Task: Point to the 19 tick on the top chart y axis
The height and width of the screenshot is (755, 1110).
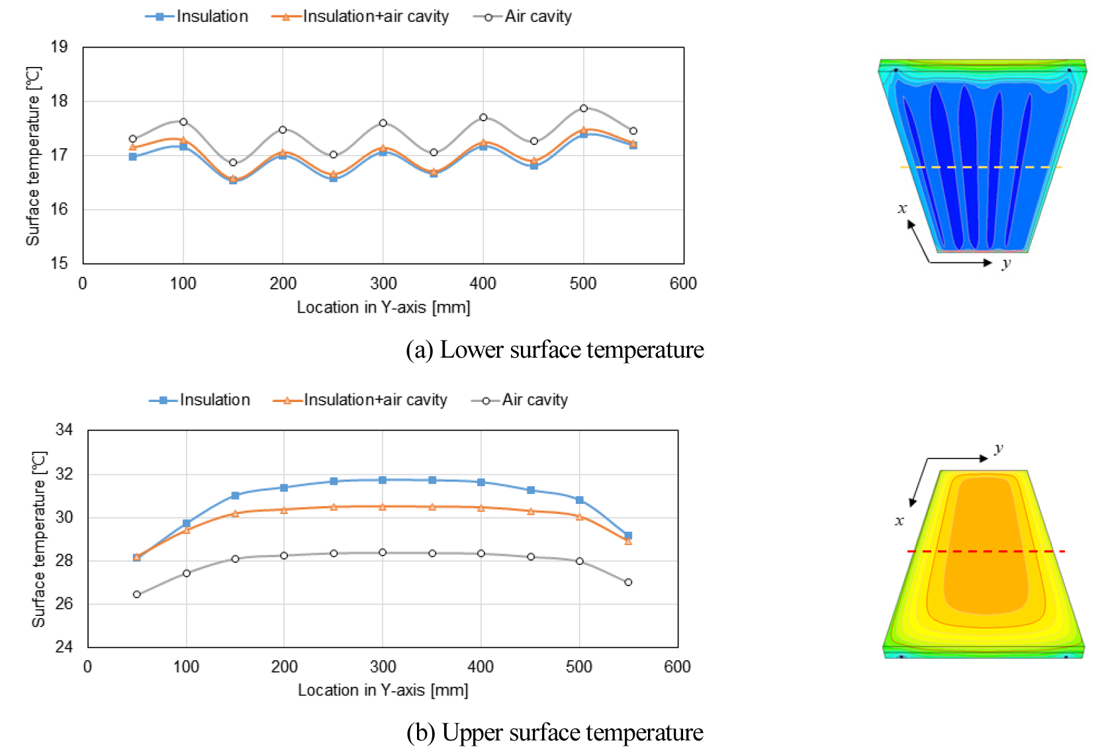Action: (59, 46)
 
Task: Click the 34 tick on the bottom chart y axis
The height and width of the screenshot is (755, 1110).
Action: (64, 430)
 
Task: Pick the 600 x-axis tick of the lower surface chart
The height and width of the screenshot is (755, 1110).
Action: (683, 283)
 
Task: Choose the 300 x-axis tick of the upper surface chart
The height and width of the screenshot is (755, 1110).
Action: (383, 666)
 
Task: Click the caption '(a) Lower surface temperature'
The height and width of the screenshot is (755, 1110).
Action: (555, 350)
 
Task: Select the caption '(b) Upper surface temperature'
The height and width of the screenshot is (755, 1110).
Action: (555, 732)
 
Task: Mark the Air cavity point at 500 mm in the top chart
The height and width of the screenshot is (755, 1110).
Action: (583, 108)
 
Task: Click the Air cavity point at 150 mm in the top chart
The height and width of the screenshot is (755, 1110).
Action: (233, 162)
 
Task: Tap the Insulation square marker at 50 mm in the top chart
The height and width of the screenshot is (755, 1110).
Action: (132, 157)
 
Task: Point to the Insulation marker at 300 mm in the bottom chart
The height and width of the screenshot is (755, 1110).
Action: (383, 479)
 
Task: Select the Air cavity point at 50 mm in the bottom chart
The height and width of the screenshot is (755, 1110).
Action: (137, 594)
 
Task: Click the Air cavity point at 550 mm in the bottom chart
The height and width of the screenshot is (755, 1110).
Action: (628, 582)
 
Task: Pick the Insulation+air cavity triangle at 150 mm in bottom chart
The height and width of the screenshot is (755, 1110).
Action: (235, 513)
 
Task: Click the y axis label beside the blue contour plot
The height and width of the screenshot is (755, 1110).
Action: (1006, 264)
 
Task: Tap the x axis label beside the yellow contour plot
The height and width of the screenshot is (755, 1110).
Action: (899, 521)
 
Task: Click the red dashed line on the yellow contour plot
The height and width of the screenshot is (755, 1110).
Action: (986, 551)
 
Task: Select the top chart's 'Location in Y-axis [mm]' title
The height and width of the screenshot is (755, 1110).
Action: (383, 307)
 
